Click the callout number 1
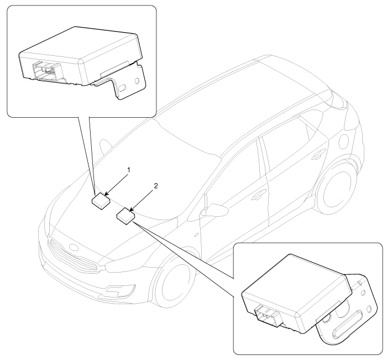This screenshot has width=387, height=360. click(x=128, y=170)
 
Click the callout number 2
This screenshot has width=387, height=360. click(x=155, y=186)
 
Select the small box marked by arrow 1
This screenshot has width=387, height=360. click(x=101, y=201)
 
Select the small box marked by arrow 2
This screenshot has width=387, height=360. click(x=126, y=216)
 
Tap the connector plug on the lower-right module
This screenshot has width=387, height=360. click(x=268, y=316)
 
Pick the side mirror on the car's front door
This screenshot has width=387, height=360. click(x=215, y=210)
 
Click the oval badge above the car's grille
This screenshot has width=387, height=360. click(x=74, y=247)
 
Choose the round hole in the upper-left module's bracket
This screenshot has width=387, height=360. click(x=137, y=81)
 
